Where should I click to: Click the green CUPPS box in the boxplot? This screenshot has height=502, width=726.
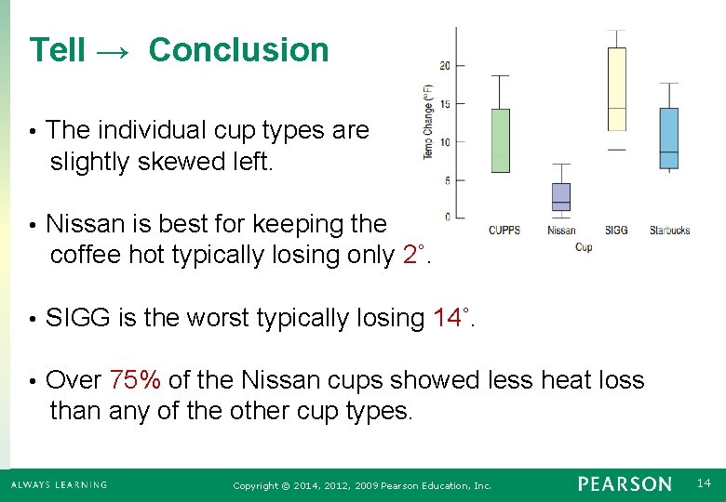pos(500,140)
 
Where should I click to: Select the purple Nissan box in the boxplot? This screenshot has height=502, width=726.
pos(560,197)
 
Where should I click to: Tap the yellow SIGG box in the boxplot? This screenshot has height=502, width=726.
pos(616,89)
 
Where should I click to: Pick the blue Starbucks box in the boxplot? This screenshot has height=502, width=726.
pos(668,138)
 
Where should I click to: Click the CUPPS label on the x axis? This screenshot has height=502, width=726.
pos(504,230)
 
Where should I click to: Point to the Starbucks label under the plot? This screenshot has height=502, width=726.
pos(669,230)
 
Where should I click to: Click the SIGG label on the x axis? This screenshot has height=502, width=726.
pos(616,230)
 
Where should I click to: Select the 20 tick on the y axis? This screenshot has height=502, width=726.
pos(445,65)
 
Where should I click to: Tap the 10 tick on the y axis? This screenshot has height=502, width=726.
pos(445,142)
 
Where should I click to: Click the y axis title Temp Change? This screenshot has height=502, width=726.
pos(428,121)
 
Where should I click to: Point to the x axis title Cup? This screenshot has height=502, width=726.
pos(584,246)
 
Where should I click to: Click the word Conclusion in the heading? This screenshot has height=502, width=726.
pos(238,50)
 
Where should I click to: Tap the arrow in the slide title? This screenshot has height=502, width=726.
pos(116,51)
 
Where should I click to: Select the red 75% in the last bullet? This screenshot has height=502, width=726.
pos(135,379)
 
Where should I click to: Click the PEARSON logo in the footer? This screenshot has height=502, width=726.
pos(624,484)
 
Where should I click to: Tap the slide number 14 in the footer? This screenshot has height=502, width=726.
pos(703,483)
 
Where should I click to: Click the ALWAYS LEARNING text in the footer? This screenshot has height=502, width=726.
pos(59,484)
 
